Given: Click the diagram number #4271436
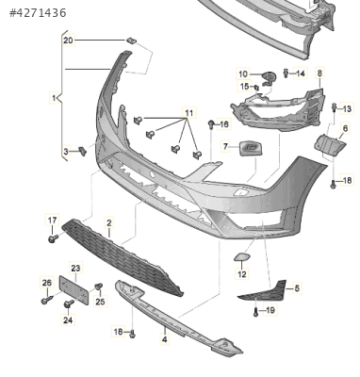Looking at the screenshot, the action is [38, 13].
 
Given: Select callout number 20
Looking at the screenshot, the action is [68, 41].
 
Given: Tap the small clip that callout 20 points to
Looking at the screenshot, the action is [132, 41].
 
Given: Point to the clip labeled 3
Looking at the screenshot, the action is [83, 151].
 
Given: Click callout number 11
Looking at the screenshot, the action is [189, 112].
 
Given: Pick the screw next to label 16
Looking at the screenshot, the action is [212, 123].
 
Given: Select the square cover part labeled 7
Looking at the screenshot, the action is [251, 148].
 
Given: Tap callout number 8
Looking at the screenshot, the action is [319, 74].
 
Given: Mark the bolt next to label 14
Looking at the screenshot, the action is [286, 74].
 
